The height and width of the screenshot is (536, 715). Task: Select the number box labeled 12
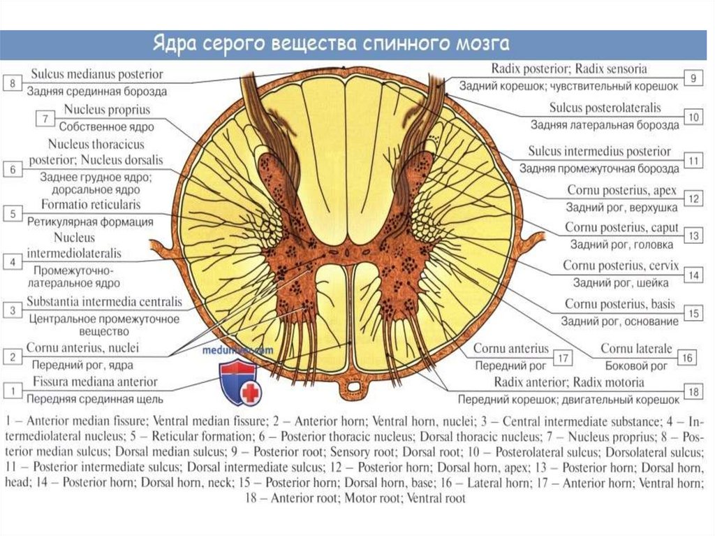[x=693, y=198]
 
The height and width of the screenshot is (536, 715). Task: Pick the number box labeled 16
[x=687, y=358]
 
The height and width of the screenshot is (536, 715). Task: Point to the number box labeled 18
[x=693, y=392]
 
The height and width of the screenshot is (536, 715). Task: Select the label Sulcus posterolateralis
[x=605, y=108]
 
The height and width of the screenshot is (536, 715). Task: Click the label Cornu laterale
[x=636, y=348]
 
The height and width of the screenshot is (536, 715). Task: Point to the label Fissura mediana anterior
[x=95, y=382]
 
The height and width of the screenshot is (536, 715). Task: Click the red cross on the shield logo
[x=249, y=393]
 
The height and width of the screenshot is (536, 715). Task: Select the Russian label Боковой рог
[x=638, y=365]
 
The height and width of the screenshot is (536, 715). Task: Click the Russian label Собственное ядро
[x=106, y=127]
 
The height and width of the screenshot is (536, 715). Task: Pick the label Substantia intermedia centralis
[x=105, y=303]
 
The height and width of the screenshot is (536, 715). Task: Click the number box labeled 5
[x=13, y=214]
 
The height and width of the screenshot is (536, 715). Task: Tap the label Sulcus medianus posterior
[x=96, y=74]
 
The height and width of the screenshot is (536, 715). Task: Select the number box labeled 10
[x=692, y=117]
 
